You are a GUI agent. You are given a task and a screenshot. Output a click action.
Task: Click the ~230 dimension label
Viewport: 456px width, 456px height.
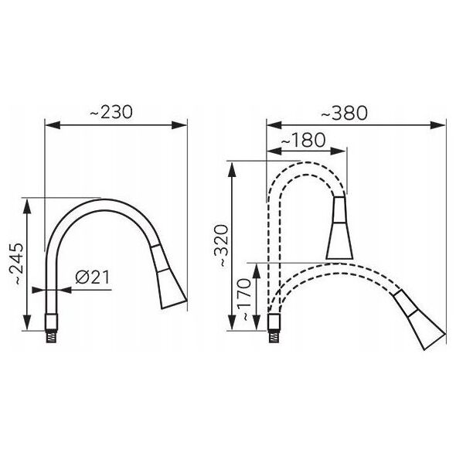point(111,112)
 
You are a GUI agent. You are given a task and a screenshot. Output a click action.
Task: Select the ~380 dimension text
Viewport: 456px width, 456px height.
point(345,113)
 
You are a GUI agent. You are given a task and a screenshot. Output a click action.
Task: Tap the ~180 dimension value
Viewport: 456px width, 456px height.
point(303,140)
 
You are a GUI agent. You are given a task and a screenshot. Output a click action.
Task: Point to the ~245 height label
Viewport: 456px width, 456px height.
point(16,264)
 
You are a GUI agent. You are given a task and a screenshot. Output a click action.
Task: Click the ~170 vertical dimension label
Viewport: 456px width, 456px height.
point(243,300)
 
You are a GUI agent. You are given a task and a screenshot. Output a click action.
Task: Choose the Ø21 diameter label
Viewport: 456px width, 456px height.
point(93,277)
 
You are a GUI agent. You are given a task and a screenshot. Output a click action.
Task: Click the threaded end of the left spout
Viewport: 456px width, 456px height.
point(52,336)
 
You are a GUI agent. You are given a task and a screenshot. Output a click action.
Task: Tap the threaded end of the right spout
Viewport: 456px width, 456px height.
point(274,336)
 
